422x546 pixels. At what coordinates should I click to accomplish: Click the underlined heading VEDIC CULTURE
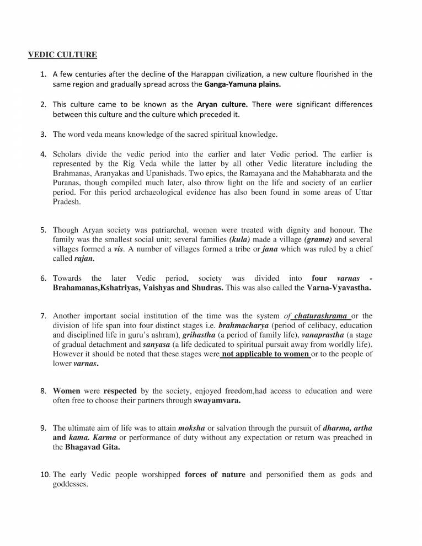click(x=62, y=55)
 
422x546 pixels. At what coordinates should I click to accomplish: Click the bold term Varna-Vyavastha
click(x=339, y=288)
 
